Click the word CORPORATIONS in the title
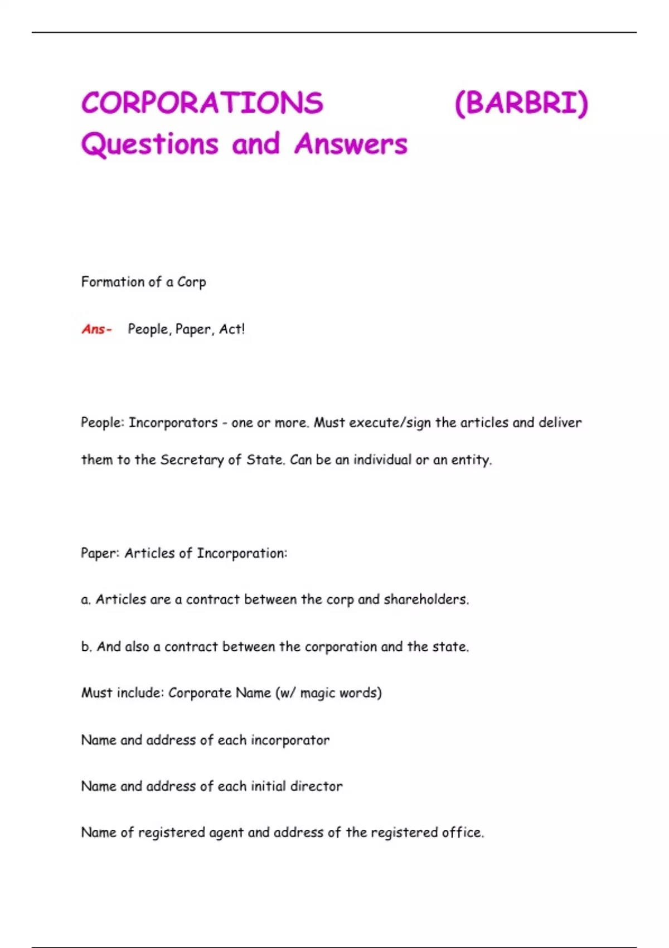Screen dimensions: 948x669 [202, 103]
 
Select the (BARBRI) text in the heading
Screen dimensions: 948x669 [521, 103]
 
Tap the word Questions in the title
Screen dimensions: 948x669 [149, 144]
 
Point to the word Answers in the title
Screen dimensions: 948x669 [351, 144]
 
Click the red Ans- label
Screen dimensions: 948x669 [96, 329]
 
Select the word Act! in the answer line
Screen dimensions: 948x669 [231, 329]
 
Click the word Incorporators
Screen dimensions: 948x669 [173, 423]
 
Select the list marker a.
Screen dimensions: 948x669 [85, 599]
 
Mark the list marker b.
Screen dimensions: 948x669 [86, 646]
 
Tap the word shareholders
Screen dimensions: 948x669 [426, 599]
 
